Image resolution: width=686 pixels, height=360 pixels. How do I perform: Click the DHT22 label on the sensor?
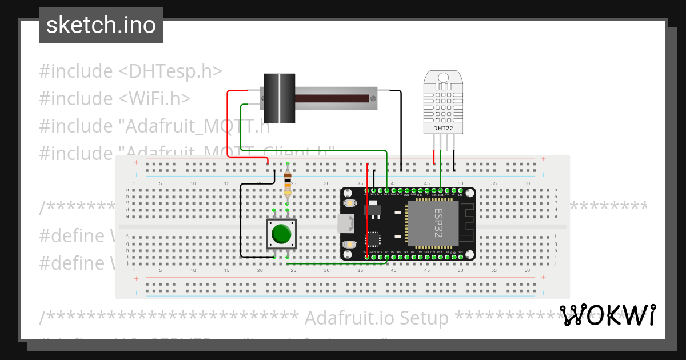[443, 129]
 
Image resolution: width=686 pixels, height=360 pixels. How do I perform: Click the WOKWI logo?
[607, 315]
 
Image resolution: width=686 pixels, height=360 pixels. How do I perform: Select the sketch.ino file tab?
[101, 25]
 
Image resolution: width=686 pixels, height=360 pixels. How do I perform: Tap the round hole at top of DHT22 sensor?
[443, 78]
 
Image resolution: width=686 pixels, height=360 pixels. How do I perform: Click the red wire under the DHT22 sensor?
[434, 155]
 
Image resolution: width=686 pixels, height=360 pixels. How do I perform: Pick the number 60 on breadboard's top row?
[527, 183]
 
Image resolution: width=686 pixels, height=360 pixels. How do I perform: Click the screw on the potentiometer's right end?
[373, 98]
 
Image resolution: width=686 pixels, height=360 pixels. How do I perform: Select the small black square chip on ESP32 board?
[373, 238]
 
